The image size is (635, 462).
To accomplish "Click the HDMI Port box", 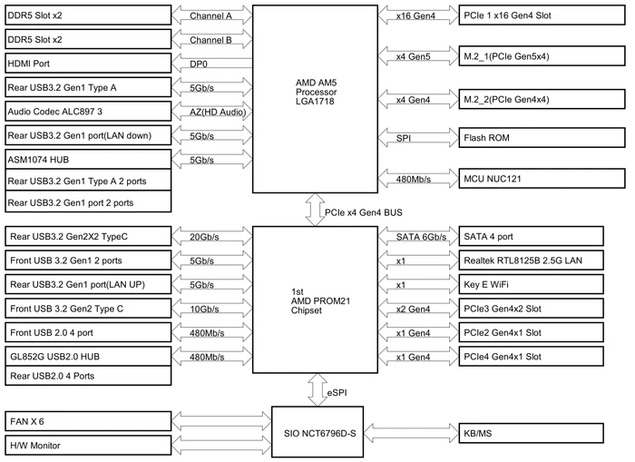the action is pos(88,64).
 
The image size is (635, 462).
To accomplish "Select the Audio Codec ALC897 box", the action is pos(88,111).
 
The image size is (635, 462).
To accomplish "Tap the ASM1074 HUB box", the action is pos(88,159).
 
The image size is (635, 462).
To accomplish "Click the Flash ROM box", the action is pos(542,138).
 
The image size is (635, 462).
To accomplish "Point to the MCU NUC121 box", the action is pos(542,178).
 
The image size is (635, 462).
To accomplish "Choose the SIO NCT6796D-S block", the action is pos(317,432).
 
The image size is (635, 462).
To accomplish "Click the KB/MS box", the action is pos(531,433).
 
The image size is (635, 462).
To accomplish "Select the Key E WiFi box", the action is pos(531,284).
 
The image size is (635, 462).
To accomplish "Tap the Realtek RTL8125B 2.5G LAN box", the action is pos(531,260).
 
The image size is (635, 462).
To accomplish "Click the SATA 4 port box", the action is pos(531,236).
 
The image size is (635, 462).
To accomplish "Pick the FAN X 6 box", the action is pos(88,421).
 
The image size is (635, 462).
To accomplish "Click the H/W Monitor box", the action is pos(88,446).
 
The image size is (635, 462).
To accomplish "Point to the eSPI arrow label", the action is pos(337,393).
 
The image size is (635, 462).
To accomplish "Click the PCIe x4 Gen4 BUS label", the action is pos(364,212).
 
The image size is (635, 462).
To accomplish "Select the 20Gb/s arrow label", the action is pos(204,237).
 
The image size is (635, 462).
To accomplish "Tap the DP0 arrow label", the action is pos(199,64).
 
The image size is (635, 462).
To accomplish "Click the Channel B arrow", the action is pos(211,40).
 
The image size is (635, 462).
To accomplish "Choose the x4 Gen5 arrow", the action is pos(418,56).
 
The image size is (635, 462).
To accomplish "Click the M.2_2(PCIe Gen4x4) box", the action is pos(542,99).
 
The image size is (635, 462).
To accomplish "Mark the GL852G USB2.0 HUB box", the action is pos(88,356).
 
